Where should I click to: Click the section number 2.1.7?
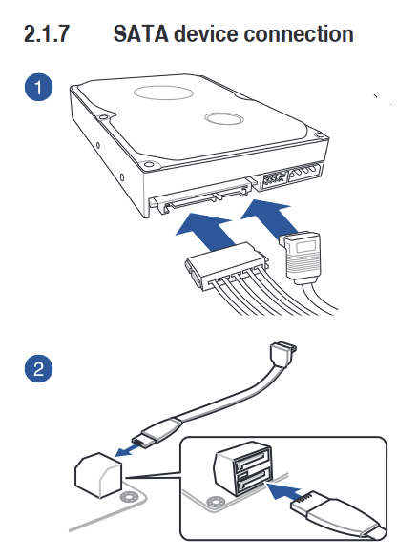coord(47,34)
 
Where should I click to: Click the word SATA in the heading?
coord(140,34)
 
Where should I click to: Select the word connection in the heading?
coord(299,34)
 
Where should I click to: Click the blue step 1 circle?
coord(38,87)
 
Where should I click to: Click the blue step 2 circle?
coord(38,368)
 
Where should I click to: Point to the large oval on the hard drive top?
coord(163,93)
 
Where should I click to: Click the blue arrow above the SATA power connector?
coord(206,232)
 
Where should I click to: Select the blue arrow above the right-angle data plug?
coord(271,217)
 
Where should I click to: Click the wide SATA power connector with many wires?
coord(226,265)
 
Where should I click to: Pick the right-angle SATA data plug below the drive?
coord(302,256)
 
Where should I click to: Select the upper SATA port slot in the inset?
coord(252,462)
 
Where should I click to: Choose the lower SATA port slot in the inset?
coord(252,480)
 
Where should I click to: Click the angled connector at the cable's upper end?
coord(283,354)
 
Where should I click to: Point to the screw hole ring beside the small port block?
coord(128,497)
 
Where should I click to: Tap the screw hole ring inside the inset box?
coord(215,502)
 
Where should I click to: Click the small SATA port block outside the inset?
coord(98,476)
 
